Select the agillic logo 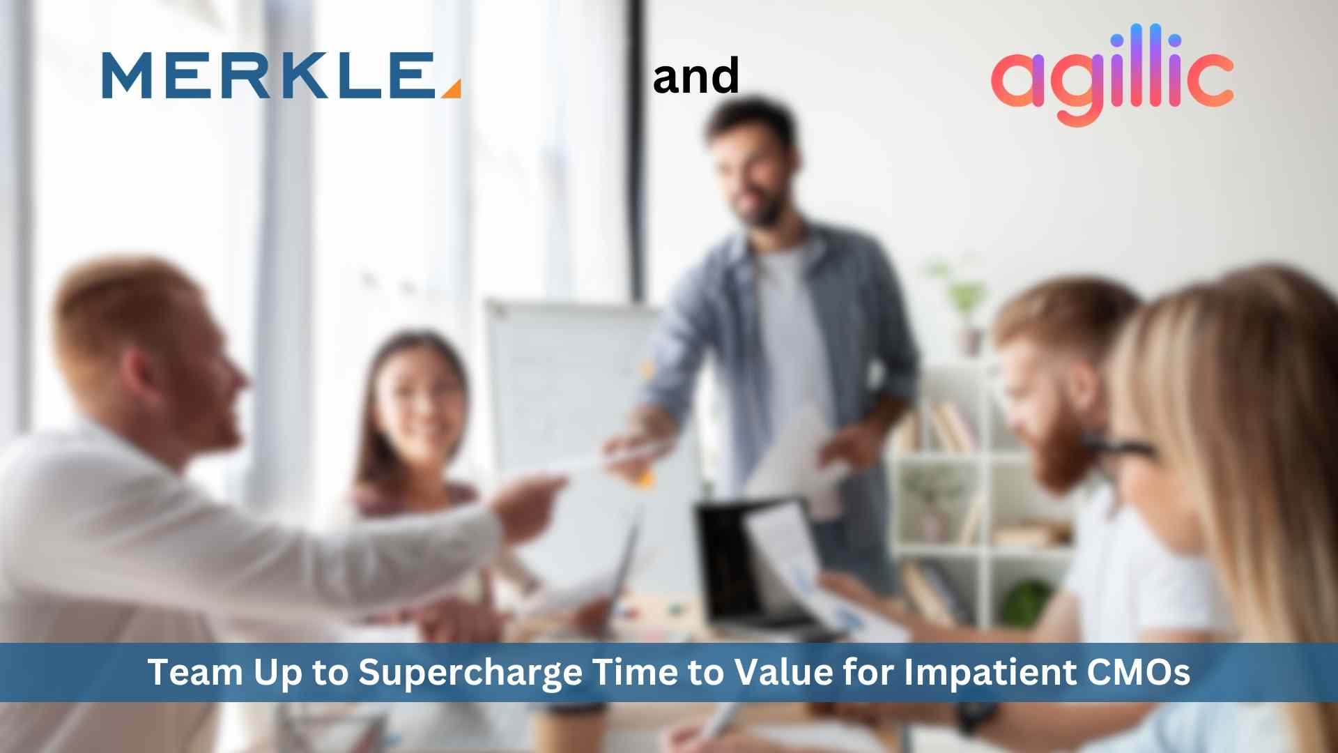[x=1112, y=75]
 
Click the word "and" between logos [x=695, y=77]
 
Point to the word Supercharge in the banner [x=470, y=673]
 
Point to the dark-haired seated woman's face [x=416, y=404]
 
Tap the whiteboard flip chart [x=557, y=390]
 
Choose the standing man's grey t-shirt [x=791, y=335]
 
